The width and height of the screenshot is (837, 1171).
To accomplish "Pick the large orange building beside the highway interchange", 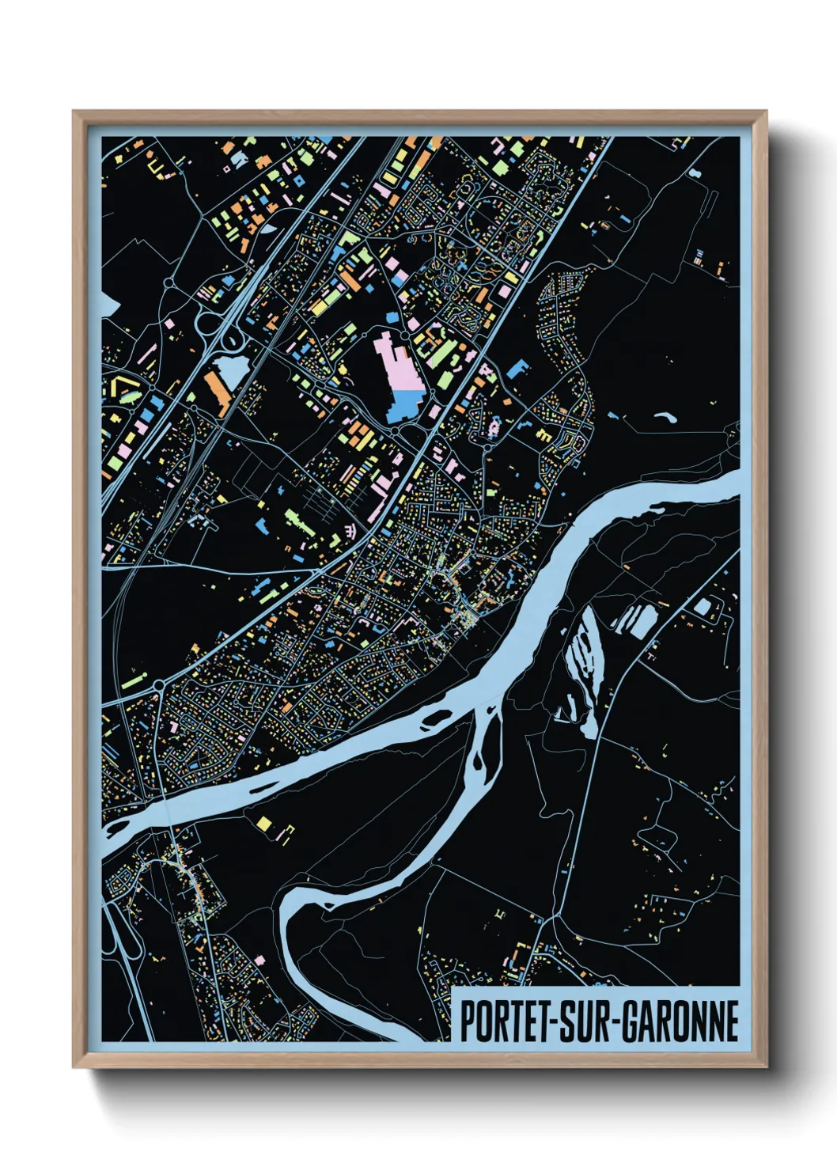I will tap(218, 392).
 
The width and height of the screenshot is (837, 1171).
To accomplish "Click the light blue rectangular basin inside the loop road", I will tap(702, 608).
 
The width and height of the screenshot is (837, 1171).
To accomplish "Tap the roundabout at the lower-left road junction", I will tap(158, 684).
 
